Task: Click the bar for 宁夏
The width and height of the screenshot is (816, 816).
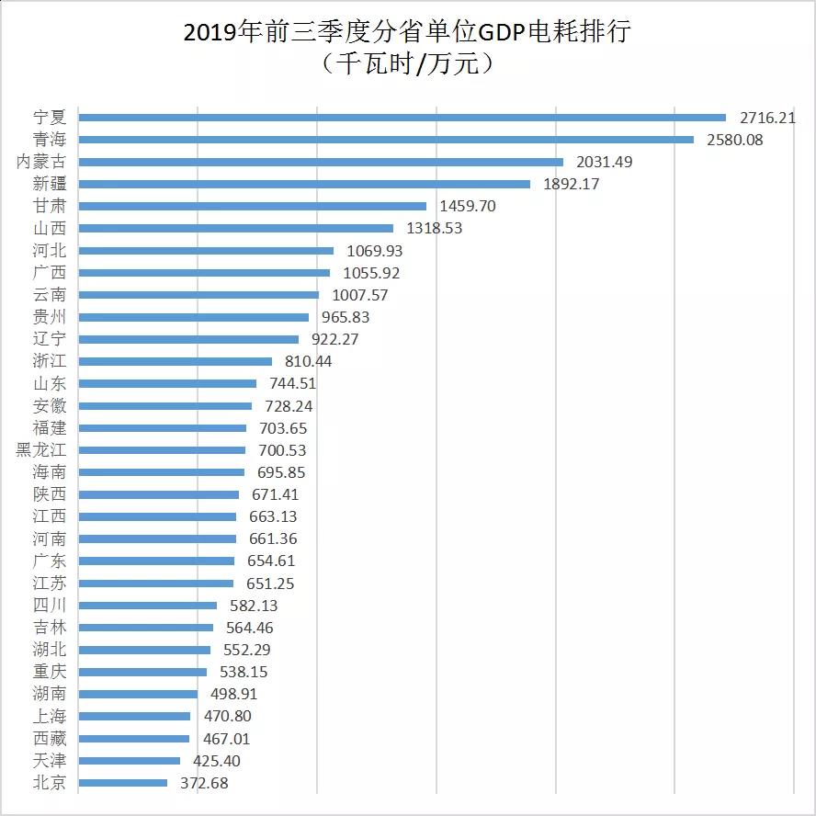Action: (x=402, y=118)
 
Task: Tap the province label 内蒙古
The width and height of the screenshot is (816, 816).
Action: (x=42, y=162)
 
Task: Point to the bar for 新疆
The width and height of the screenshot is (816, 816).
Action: (x=304, y=184)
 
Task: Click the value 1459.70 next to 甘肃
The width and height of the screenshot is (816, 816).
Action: (x=467, y=206)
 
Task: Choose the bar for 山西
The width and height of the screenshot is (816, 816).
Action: (x=236, y=228)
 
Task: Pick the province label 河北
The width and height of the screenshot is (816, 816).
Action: (x=50, y=250)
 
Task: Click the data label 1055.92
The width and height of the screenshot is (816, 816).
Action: (x=371, y=273)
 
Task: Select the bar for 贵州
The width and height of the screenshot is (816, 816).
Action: (x=194, y=317)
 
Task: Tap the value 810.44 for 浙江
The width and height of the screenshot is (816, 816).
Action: (x=309, y=361)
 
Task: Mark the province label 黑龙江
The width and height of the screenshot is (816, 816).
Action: (x=42, y=450)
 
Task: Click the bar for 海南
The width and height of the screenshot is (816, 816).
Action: (x=162, y=472)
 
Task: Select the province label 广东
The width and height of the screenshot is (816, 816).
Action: (x=50, y=561)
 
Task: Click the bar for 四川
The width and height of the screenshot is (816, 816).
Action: (x=148, y=606)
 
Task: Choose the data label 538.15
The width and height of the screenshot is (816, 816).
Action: (x=244, y=672)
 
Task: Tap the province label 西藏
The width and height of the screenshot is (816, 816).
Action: (x=50, y=738)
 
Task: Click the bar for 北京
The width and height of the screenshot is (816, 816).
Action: (x=123, y=783)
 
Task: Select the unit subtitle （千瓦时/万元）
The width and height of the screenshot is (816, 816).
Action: (x=408, y=63)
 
